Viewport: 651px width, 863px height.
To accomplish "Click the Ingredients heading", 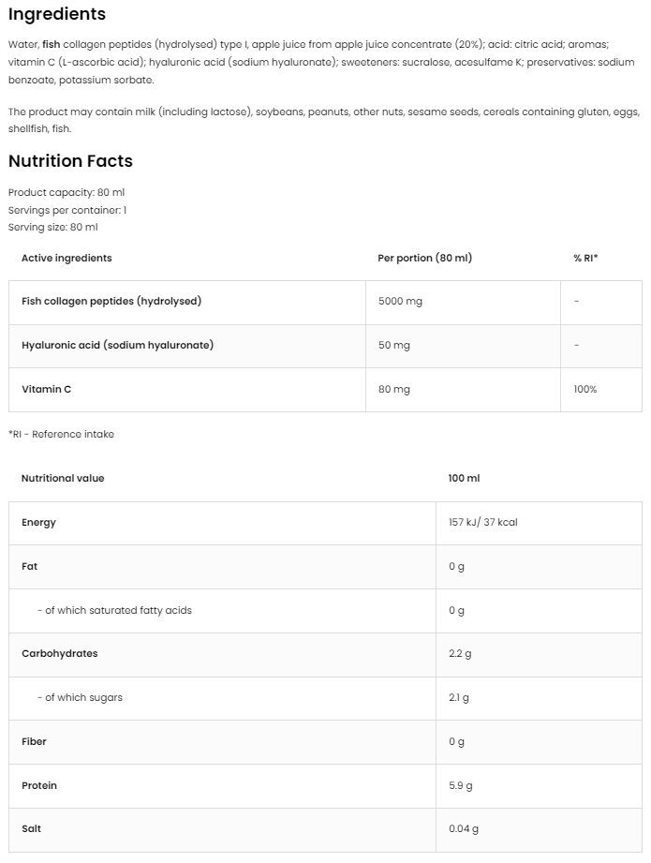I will click(x=57, y=14).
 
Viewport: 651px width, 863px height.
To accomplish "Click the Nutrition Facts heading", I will click(x=70, y=161).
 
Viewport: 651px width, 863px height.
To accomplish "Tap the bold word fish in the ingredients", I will click(x=52, y=45).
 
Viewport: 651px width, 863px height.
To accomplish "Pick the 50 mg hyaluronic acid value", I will click(x=394, y=345).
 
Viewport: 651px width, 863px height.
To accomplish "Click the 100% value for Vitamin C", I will click(x=585, y=389).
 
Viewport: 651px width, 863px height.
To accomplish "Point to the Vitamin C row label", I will click(x=47, y=389).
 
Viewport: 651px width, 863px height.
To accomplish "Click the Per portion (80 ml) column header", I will click(x=424, y=258).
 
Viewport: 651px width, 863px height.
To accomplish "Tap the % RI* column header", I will click(x=585, y=258).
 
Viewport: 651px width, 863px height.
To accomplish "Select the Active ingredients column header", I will click(x=67, y=258).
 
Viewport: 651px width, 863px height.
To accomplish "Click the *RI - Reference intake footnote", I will click(x=61, y=434).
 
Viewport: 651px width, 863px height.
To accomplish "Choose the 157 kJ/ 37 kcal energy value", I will click(x=482, y=523).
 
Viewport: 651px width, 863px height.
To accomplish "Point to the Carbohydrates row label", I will click(x=59, y=653).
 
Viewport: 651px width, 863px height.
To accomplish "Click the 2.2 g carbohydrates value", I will click(x=460, y=653).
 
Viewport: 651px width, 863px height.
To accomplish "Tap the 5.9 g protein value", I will click(x=460, y=785).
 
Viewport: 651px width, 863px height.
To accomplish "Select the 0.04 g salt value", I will click(x=464, y=828).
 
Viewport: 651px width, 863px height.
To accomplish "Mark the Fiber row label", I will click(x=35, y=741).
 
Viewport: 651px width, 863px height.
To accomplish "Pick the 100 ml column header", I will click(x=464, y=478).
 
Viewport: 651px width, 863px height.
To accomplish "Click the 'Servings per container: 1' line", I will click(x=67, y=210).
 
